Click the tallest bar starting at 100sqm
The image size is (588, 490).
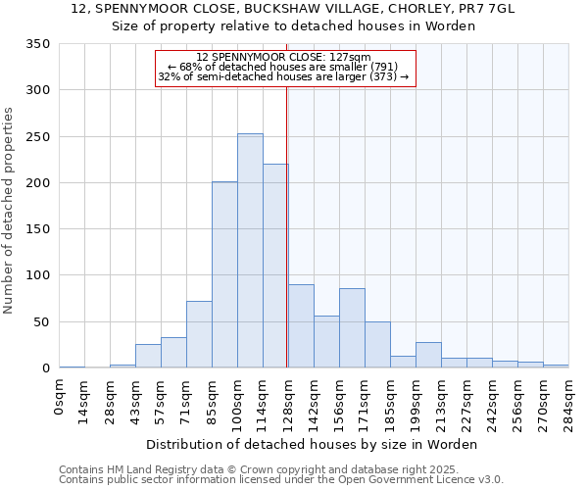pyautogui.click(x=250, y=251)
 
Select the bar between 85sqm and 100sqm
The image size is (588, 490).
pyautogui.click(x=224, y=275)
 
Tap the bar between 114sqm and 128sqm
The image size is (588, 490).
pyautogui.click(x=275, y=267)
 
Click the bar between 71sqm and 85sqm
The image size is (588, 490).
pyautogui.click(x=199, y=335)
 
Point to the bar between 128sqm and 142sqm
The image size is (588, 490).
pyautogui.click(x=301, y=326)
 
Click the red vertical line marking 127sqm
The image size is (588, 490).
pyautogui.click(x=286, y=196)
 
